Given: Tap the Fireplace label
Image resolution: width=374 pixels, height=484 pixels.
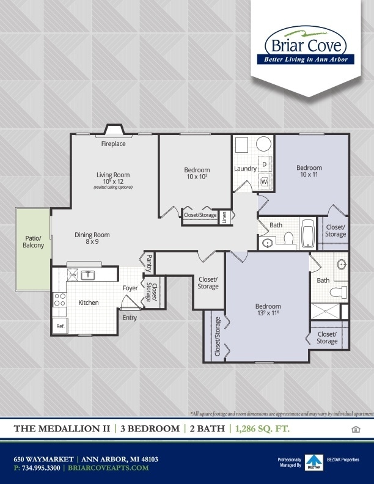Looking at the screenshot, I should click(114, 144).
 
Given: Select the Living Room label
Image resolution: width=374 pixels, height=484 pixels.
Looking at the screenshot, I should click(113, 175).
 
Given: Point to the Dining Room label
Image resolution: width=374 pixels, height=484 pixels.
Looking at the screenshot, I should click(92, 235).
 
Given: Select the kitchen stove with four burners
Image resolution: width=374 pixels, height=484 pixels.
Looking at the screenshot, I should click(60, 299).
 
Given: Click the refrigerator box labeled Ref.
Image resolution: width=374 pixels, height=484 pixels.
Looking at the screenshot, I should click(60, 326).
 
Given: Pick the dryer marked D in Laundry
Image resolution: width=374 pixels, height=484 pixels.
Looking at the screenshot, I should click(265, 164).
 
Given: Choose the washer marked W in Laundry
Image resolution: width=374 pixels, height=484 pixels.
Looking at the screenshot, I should click(265, 182).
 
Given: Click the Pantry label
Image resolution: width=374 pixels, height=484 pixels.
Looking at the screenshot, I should click(148, 263).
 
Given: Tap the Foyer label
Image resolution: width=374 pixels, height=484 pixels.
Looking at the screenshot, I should click(130, 288).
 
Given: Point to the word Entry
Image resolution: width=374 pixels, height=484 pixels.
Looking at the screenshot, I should click(130, 318).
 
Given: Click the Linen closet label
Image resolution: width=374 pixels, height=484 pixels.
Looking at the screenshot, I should click(224, 216).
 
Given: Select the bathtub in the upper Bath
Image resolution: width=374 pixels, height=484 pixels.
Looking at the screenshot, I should click(307, 233).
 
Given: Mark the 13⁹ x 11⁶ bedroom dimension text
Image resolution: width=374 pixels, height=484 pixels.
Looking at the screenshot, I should click(268, 313).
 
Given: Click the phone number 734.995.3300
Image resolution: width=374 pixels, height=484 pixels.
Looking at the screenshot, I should click(40, 468).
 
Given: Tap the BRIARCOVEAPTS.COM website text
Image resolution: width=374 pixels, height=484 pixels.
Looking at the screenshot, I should click(111, 468).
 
